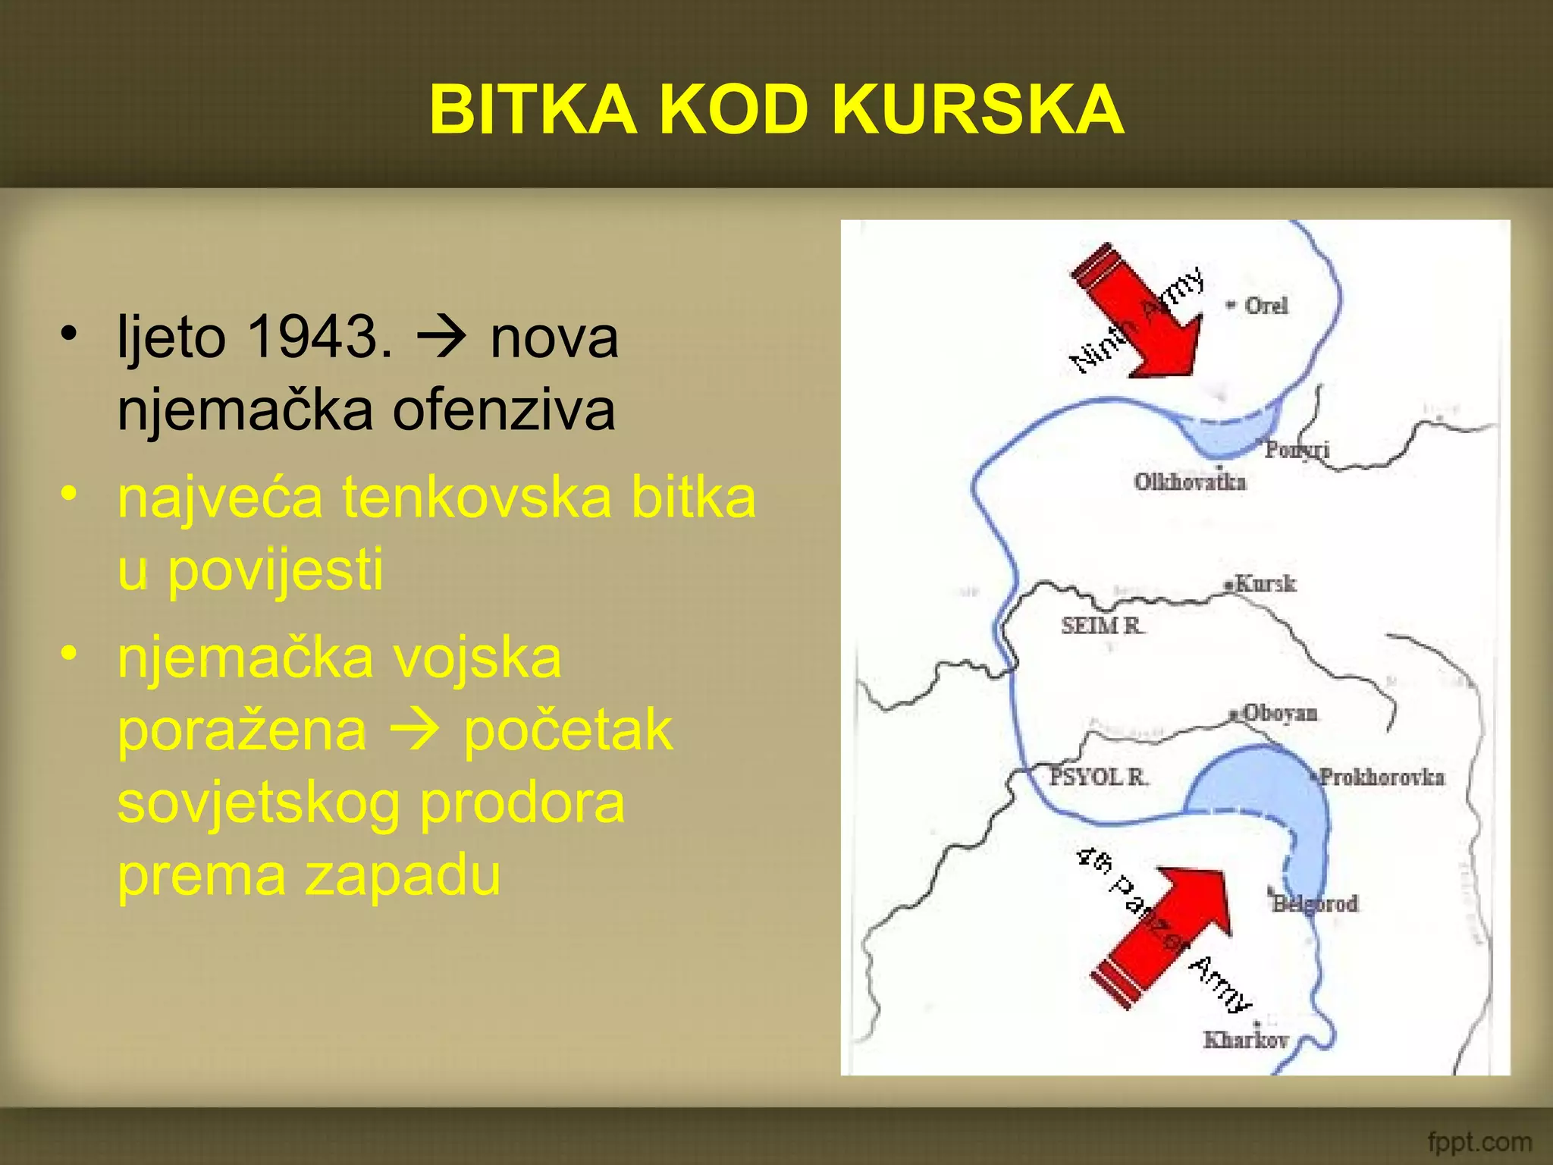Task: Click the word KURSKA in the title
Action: (977, 110)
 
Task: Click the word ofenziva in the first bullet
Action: (504, 410)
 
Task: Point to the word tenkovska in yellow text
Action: (477, 498)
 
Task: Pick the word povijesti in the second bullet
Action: (275, 570)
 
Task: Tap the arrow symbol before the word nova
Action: (441, 336)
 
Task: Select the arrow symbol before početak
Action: (414, 729)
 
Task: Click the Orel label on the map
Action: (1266, 306)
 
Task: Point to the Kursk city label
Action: (1265, 583)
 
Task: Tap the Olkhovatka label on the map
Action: (1190, 482)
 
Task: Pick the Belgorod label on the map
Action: (1315, 903)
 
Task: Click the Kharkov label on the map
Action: (1246, 1039)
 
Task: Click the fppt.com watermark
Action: (1479, 1141)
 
